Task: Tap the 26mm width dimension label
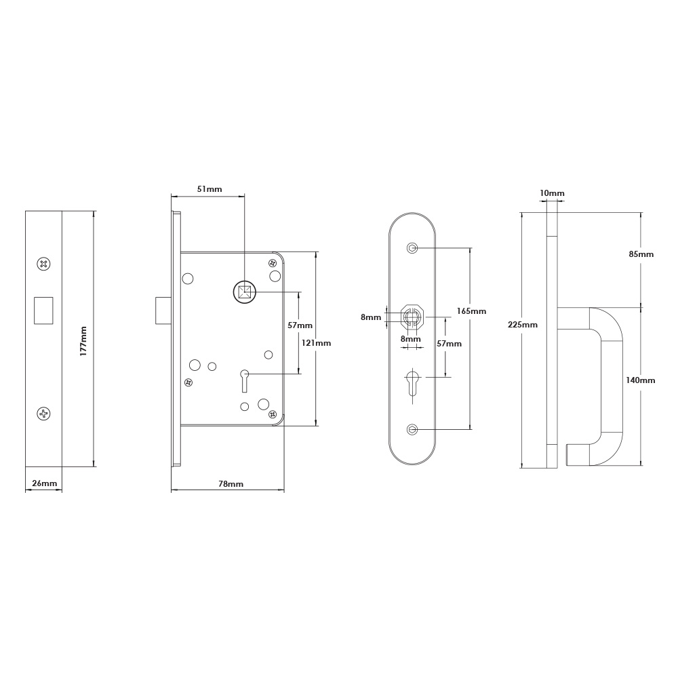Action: tap(43, 483)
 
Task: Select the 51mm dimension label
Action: tap(209, 189)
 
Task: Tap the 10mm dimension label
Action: tap(552, 194)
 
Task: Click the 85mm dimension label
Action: tap(641, 254)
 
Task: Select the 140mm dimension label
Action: tap(641, 380)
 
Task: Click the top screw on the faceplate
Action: tap(44, 264)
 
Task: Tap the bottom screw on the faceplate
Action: tap(44, 413)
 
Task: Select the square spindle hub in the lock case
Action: tap(244, 293)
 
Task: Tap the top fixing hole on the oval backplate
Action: tap(412, 248)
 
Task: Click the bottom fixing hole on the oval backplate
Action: tap(412, 429)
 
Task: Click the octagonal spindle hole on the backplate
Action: tap(412, 316)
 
